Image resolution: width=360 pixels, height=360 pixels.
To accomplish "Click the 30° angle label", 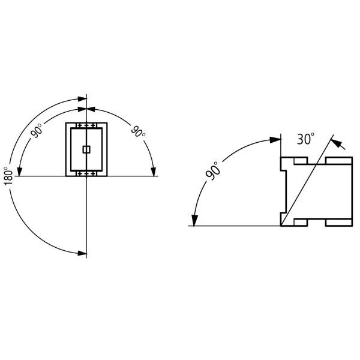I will point(305,140).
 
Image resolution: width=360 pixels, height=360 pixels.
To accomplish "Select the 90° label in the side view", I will point(213,171).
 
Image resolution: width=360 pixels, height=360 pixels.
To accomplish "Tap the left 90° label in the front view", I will point(37,131).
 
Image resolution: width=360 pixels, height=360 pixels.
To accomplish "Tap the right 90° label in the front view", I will point(139,131).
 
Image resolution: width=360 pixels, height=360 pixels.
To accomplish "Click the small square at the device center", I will point(86,149).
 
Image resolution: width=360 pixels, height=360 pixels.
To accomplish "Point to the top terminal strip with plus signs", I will point(86,125).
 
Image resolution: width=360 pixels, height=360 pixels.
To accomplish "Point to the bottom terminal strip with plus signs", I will point(86,173).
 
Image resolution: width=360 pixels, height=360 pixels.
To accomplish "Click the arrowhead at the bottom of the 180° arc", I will point(81,253).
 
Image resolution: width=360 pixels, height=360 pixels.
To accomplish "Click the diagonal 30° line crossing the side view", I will point(306,182).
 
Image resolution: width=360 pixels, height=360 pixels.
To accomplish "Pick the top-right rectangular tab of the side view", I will point(339,161).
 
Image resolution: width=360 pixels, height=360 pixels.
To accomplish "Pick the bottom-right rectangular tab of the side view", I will point(339,223).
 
